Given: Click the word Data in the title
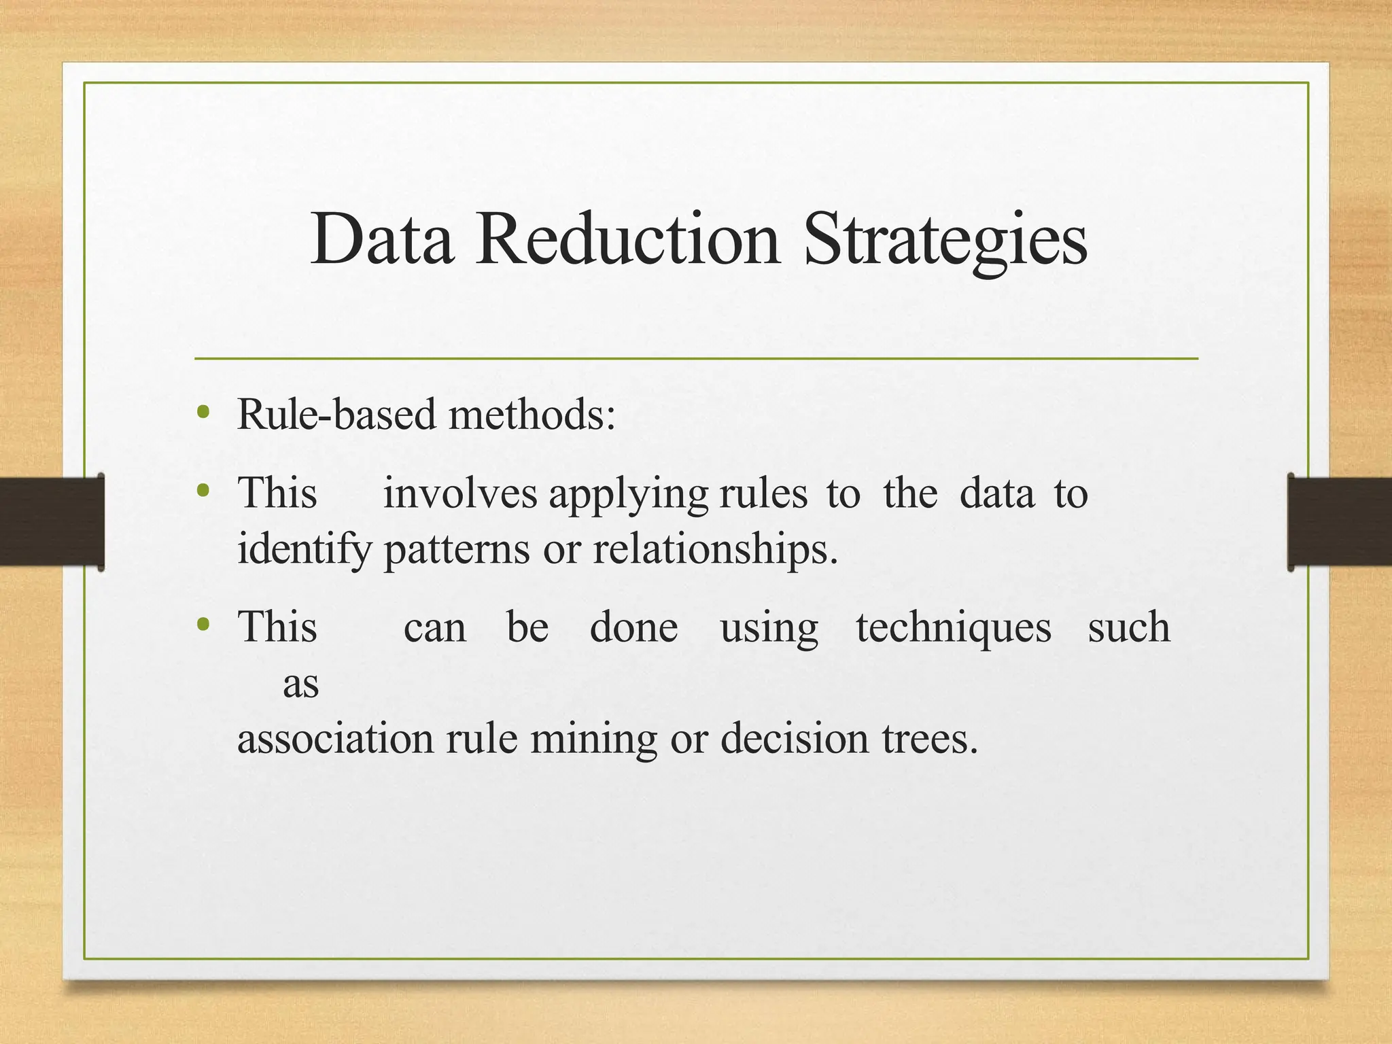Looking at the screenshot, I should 382,239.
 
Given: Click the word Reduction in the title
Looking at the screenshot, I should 627,239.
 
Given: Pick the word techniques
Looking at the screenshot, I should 953,628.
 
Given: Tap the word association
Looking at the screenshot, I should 335,738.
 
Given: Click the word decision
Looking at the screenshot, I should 795,738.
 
